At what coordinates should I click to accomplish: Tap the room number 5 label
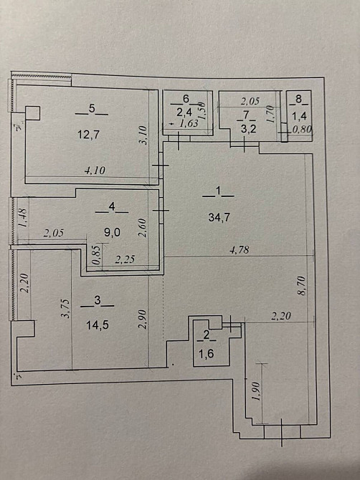click(92, 109)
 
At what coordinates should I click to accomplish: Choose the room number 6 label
click(186, 98)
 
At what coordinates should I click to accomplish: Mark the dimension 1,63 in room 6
click(188, 124)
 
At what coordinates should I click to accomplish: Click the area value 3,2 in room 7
click(246, 130)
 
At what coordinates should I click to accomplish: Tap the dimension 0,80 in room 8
click(302, 130)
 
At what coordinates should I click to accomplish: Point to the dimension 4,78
click(240, 250)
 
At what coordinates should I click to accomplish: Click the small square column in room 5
click(33, 113)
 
